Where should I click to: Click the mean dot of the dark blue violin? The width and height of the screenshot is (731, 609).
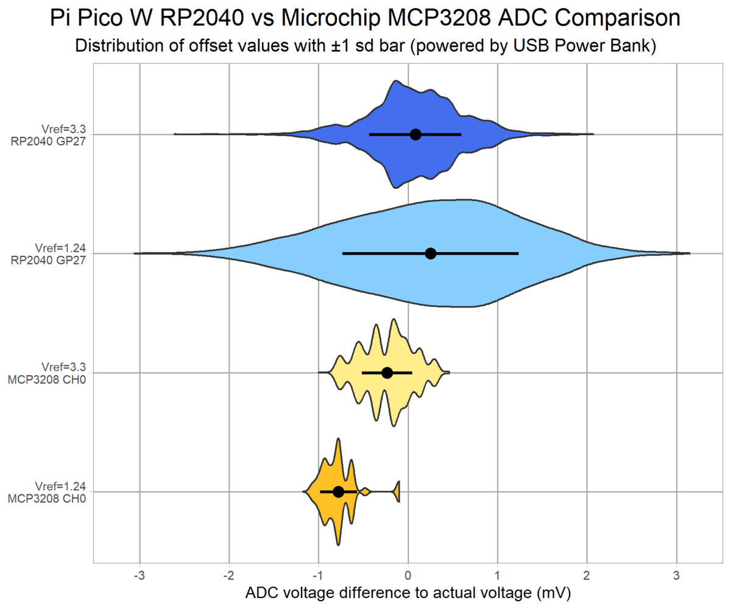[x=415, y=135]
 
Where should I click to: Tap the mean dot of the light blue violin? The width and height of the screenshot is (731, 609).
[x=431, y=253]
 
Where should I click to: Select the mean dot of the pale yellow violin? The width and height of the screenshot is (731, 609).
[x=387, y=373]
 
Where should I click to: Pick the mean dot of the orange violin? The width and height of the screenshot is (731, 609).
[x=339, y=491]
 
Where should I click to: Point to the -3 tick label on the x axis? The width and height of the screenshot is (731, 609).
[x=139, y=576]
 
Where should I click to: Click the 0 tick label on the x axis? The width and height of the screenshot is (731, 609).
[x=408, y=576]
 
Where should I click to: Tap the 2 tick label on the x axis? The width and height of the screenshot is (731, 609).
[x=587, y=576]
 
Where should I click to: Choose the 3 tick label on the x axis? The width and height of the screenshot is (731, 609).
[x=676, y=576]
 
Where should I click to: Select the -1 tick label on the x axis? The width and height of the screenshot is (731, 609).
[x=317, y=576]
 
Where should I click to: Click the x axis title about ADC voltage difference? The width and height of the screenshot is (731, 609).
[x=408, y=593]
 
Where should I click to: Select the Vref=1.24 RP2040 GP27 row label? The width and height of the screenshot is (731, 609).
[x=52, y=253]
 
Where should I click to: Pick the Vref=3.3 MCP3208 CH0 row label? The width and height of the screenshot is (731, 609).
[x=52, y=373]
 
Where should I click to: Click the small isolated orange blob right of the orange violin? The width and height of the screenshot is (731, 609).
[x=397, y=491]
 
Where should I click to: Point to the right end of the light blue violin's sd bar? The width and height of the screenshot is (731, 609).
[x=518, y=253]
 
